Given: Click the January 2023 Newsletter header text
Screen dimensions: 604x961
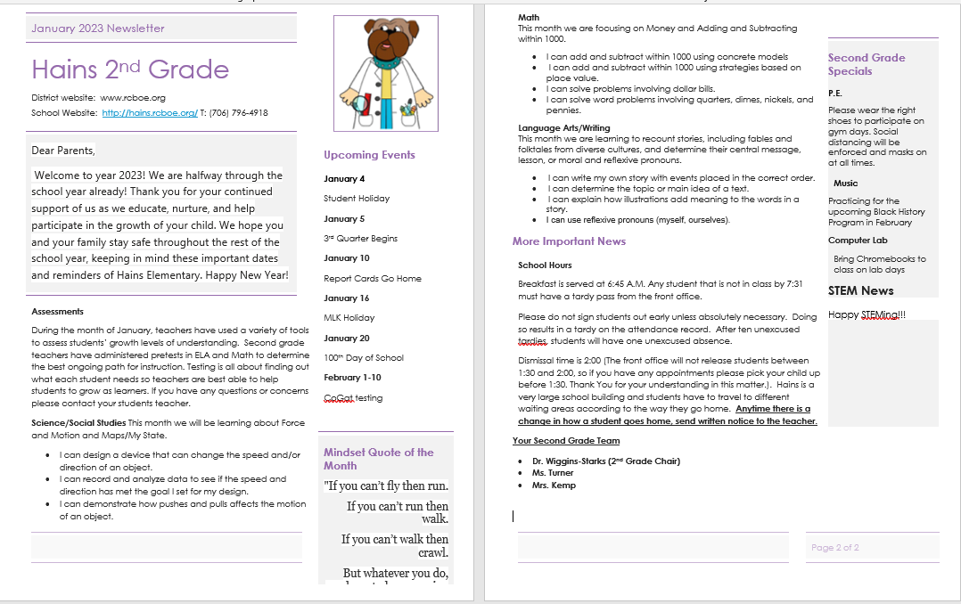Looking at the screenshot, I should point(98,29).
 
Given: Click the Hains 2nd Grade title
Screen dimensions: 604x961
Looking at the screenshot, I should point(130,69).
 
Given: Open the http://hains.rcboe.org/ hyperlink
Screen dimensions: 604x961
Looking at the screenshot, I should point(150,113).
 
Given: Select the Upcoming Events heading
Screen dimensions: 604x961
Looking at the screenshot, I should point(369,155).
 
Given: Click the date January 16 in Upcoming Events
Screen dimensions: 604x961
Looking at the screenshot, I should point(346,298).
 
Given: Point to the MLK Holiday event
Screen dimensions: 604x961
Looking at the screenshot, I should point(349,318).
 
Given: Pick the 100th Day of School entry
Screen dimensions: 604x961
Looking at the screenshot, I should point(364,358).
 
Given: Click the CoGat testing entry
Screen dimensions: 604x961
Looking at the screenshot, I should point(353,398).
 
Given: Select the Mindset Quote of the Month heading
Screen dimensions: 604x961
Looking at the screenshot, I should point(379,459).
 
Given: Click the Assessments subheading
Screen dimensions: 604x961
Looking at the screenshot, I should point(57,312).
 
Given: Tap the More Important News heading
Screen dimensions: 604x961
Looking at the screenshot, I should point(569,241).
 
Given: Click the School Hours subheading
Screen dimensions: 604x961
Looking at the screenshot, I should point(545,265).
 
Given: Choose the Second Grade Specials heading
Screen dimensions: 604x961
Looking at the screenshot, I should point(866,64).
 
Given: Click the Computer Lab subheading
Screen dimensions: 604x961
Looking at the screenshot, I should point(858,241).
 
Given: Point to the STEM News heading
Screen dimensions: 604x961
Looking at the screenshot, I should point(860,290).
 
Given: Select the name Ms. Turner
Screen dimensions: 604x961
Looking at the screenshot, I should point(553,473).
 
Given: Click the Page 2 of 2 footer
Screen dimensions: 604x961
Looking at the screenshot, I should point(834,548).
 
